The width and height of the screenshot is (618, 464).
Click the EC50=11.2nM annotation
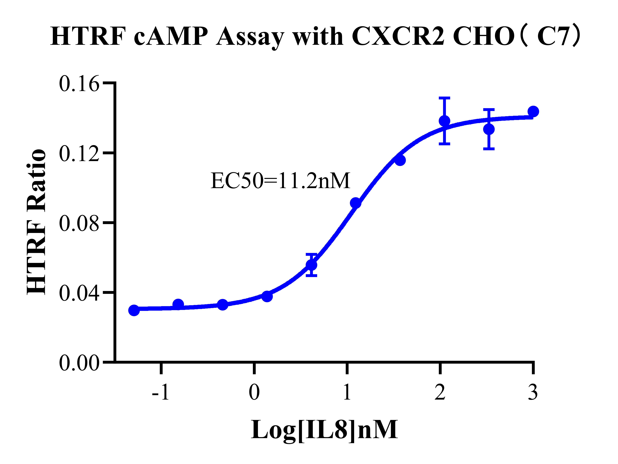(280, 181)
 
